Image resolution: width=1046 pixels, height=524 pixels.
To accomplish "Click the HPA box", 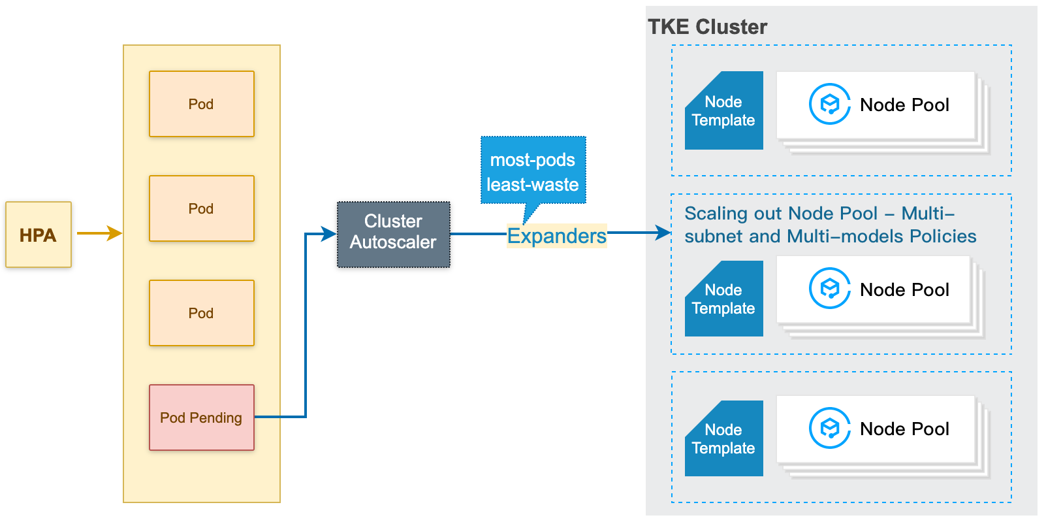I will tap(38, 235).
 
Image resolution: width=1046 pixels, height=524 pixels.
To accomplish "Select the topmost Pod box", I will tap(201, 104).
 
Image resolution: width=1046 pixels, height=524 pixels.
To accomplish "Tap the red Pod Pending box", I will tap(201, 418).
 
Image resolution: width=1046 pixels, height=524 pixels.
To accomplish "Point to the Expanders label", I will tap(556, 236).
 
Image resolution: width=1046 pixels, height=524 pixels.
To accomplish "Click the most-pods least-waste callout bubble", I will tap(533, 171).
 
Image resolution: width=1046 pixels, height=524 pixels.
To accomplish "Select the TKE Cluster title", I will tap(707, 27).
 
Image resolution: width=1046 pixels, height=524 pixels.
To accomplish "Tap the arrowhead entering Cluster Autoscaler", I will tap(330, 234).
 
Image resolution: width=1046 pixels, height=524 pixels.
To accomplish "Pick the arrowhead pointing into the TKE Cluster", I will tap(664, 232).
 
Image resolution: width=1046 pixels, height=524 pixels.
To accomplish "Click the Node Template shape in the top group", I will tap(723, 111).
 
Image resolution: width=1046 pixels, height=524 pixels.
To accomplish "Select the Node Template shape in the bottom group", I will tap(723, 439).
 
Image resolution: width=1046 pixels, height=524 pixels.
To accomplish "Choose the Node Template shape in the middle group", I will tap(723, 299).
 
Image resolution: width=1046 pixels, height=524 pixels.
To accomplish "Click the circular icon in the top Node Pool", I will tap(829, 104).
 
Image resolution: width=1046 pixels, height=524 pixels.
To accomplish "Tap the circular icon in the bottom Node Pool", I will tap(829, 429).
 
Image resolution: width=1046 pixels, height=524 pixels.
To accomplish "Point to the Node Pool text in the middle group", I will tap(904, 289).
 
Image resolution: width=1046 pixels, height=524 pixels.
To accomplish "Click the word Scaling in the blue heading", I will tap(716, 214).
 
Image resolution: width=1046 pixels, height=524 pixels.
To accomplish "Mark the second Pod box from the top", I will tap(201, 208).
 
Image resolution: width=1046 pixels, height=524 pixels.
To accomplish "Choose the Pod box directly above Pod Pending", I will tap(201, 313).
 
